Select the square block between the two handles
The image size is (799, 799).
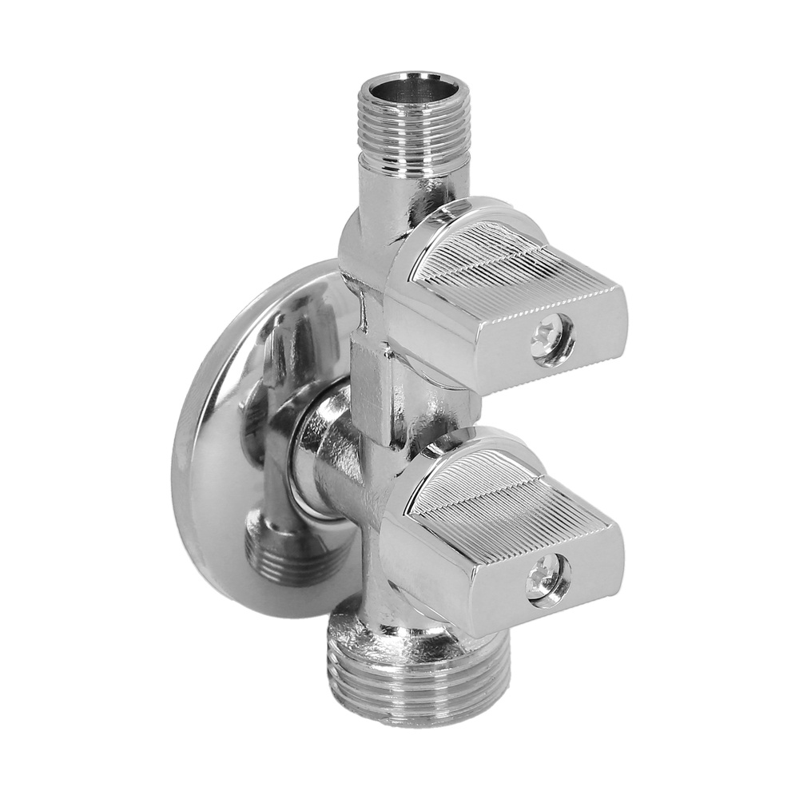[x=376, y=384]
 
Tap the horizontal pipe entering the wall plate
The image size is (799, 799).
[x=336, y=471]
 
